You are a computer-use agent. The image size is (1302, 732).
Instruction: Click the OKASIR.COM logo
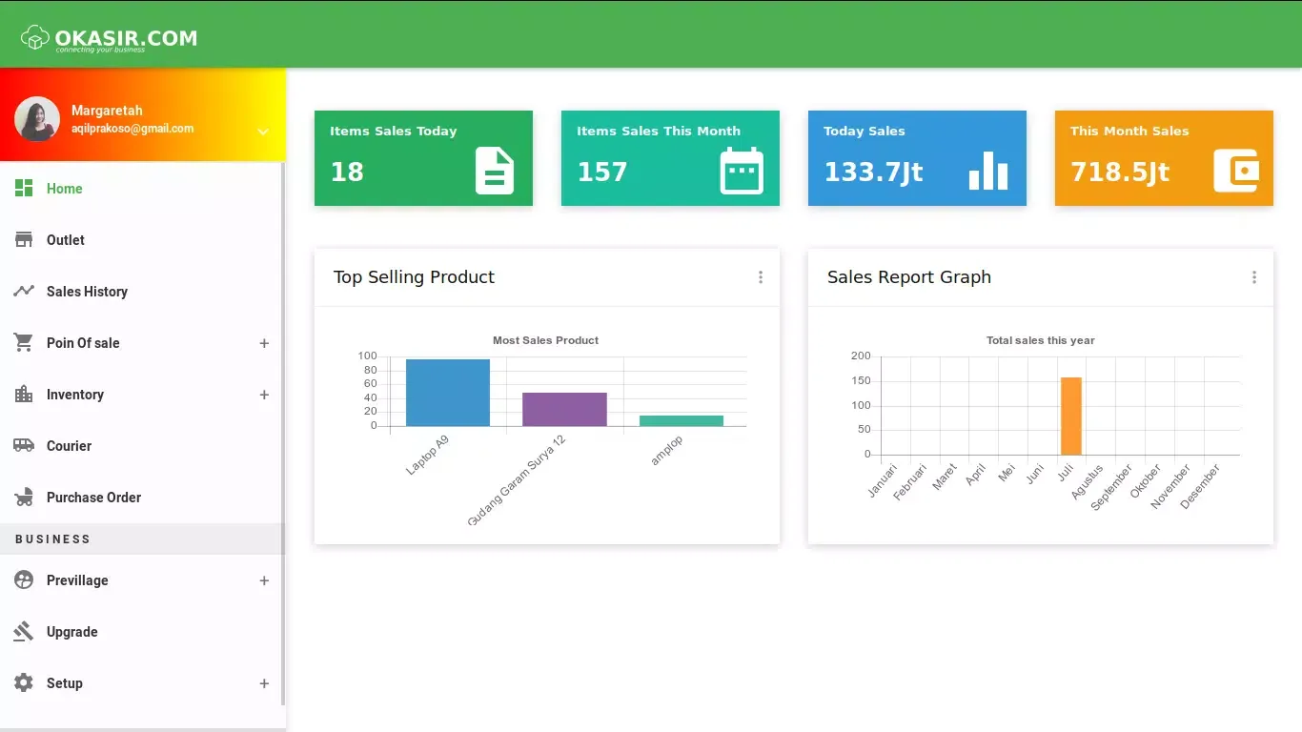110,39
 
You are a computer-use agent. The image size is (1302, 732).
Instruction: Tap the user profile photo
37,119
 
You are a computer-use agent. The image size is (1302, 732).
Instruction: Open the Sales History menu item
87,292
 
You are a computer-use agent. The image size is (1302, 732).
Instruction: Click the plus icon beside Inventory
264,395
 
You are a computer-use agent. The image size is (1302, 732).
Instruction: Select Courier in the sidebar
69,446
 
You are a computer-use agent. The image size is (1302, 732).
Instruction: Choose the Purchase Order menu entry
93,498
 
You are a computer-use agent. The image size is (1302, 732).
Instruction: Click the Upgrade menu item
71,632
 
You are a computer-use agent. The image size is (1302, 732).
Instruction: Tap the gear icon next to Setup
24,683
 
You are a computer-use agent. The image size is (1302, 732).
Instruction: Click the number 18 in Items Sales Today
347,172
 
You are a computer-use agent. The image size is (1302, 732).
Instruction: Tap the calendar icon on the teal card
742,172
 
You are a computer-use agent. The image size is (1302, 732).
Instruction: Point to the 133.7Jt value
873,172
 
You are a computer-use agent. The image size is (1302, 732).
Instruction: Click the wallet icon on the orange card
1236,172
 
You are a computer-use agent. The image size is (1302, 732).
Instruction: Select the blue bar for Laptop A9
447,393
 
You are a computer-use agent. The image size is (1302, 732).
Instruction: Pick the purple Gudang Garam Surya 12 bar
564,409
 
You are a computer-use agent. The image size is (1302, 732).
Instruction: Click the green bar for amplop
682,420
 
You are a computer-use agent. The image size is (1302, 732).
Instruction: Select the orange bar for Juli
1071,417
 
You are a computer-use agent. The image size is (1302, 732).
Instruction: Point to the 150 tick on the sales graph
861,381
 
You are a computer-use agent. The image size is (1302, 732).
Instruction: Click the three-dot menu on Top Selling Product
761,277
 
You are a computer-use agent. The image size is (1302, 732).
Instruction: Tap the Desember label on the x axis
1201,486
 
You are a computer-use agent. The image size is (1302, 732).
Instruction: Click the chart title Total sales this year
1040,340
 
